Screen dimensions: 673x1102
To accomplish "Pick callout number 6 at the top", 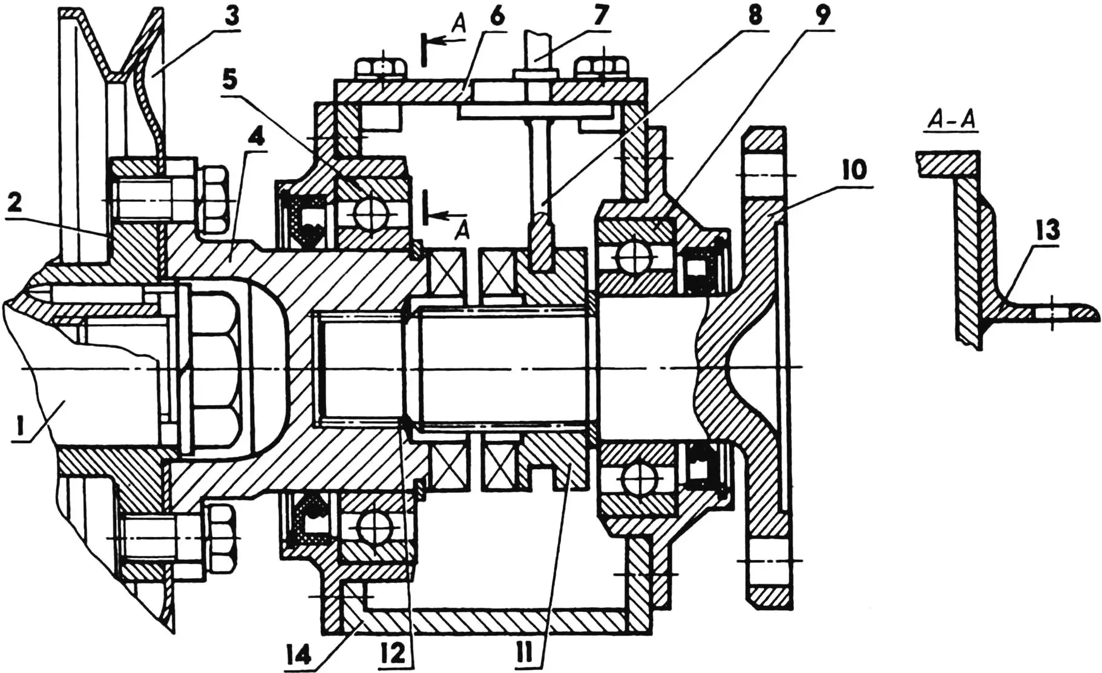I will point(496,16).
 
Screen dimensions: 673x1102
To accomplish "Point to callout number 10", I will point(853,171).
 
